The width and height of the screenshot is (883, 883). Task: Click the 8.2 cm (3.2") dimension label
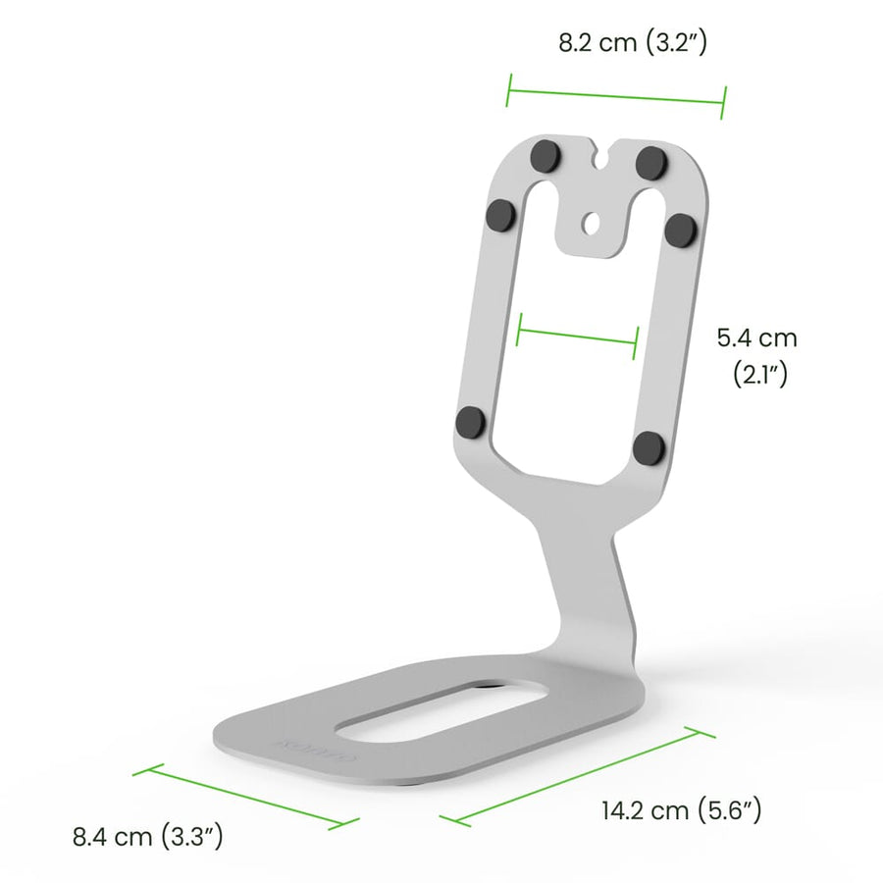(x=633, y=43)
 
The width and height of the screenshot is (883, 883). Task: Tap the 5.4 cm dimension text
(x=756, y=338)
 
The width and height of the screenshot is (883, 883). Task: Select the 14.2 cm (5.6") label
(x=681, y=810)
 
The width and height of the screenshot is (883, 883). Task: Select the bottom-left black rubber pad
(x=471, y=423)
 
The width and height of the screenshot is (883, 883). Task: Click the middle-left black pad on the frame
(x=501, y=212)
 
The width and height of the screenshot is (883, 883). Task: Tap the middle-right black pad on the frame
(x=679, y=230)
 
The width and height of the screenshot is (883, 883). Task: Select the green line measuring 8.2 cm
(x=615, y=95)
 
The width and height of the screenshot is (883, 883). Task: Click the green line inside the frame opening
(x=578, y=336)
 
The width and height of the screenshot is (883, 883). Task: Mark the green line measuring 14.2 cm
(x=570, y=775)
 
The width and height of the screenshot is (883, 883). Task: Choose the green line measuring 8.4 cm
(x=239, y=797)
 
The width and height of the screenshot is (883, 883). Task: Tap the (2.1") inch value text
(x=760, y=374)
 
